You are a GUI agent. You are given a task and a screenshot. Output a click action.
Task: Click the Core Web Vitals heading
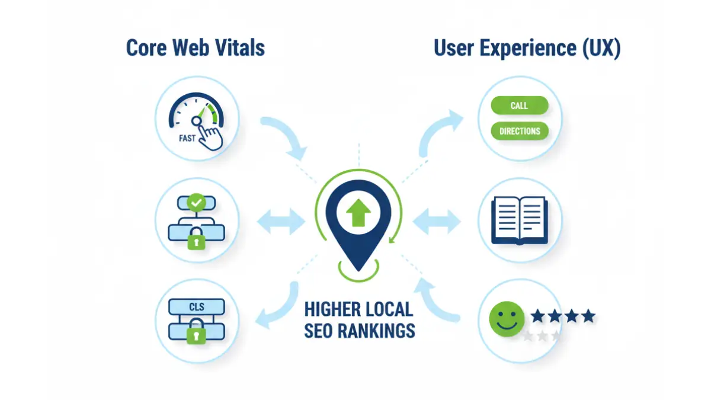195,48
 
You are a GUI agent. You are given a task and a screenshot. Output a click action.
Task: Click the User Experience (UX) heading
527,48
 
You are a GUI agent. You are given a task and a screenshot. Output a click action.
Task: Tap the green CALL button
520,105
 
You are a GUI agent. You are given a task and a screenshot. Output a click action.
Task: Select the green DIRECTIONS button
520,131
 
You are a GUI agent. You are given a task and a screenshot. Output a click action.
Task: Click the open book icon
520,220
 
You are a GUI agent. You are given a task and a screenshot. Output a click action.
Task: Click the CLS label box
196,306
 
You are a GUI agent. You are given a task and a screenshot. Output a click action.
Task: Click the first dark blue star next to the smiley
537,315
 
